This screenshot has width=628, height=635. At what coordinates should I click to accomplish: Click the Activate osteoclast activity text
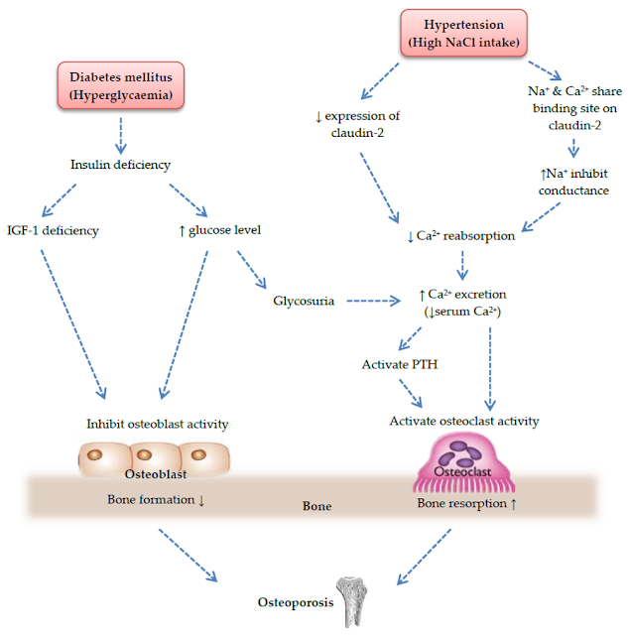click(x=466, y=421)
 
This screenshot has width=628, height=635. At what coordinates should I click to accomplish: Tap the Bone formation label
click(x=156, y=499)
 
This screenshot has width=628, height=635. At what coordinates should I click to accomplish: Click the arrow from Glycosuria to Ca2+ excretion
click(x=378, y=297)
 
